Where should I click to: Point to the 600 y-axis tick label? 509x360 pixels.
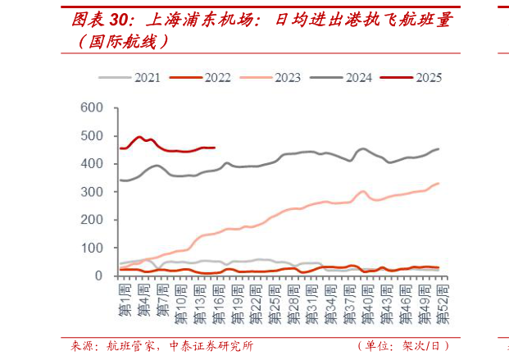[x=91, y=108]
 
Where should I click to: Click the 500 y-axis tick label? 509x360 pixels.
[x=91, y=136]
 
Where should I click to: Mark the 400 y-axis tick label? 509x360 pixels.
[x=91, y=164]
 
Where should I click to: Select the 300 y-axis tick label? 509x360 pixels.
[x=91, y=192]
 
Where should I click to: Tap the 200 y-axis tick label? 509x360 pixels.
[x=91, y=220]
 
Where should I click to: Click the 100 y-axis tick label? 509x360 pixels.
[x=91, y=248]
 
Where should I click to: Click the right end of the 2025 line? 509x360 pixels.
[x=214, y=148]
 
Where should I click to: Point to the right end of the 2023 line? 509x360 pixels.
[x=439, y=183]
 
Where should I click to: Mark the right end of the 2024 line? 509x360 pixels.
[x=439, y=148]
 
